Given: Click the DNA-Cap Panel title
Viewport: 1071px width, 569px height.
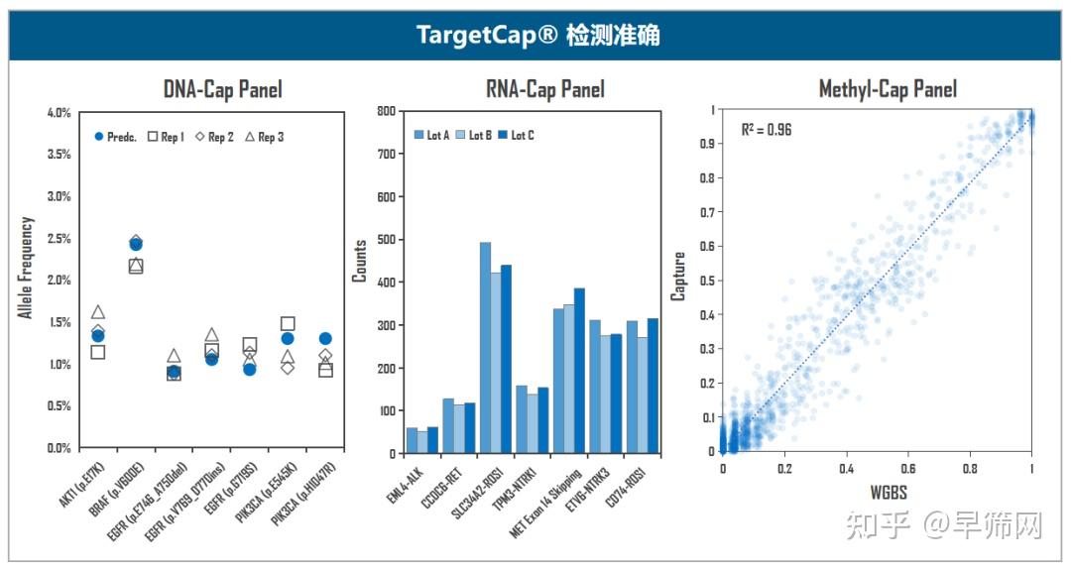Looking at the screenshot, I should (222, 90).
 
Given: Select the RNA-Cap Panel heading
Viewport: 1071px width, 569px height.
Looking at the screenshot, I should (544, 90).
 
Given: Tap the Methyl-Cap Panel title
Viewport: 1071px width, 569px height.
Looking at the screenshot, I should (888, 90).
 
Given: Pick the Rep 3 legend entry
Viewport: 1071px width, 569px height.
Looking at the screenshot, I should (263, 137).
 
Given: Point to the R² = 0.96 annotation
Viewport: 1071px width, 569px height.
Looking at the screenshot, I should (766, 130).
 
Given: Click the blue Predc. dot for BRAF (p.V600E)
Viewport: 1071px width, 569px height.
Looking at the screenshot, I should (136, 244).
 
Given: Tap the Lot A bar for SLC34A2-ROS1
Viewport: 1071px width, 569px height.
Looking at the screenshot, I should (485, 347).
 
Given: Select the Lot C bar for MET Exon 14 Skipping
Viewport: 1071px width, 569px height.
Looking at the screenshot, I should (580, 370).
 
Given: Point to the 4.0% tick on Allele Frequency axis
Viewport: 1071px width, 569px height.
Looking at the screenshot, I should (59, 113).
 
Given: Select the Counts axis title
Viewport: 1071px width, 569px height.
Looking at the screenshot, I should (360, 261).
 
